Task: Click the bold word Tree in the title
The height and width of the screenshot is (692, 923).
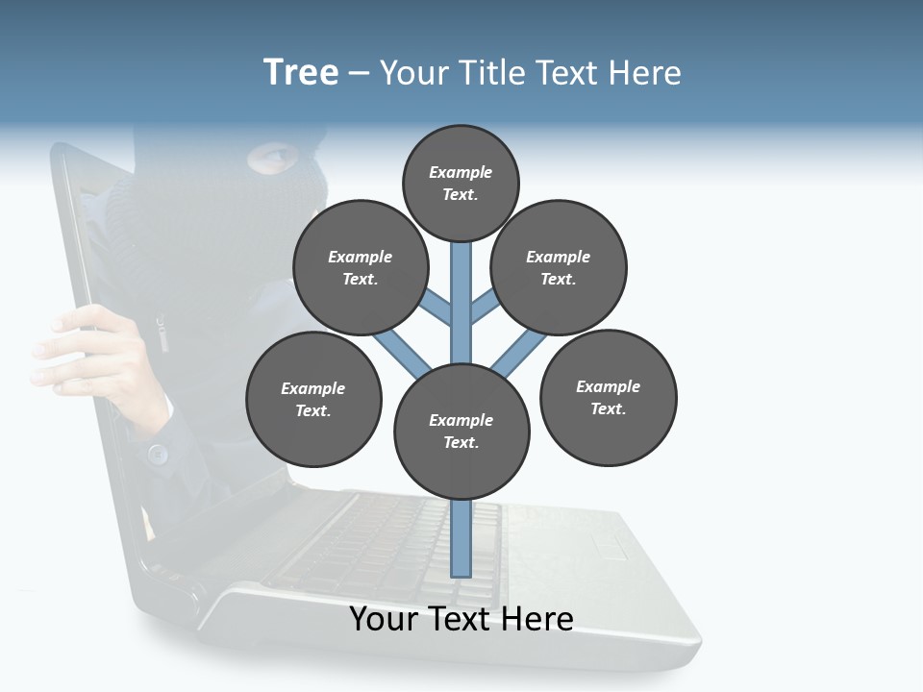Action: coord(301,73)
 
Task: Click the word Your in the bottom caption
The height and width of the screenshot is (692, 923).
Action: coord(384,619)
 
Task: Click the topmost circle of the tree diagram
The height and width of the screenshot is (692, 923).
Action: coord(461,183)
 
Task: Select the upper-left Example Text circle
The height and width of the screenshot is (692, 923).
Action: coord(361,267)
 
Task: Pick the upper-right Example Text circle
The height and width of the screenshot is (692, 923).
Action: coord(559,267)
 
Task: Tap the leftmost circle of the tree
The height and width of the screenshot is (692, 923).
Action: coord(313,399)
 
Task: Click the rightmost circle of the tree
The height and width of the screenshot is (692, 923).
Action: coord(608,397)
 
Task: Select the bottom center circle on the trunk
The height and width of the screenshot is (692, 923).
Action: coord(461,432)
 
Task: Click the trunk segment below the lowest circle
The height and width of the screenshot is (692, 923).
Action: coord(461,538)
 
